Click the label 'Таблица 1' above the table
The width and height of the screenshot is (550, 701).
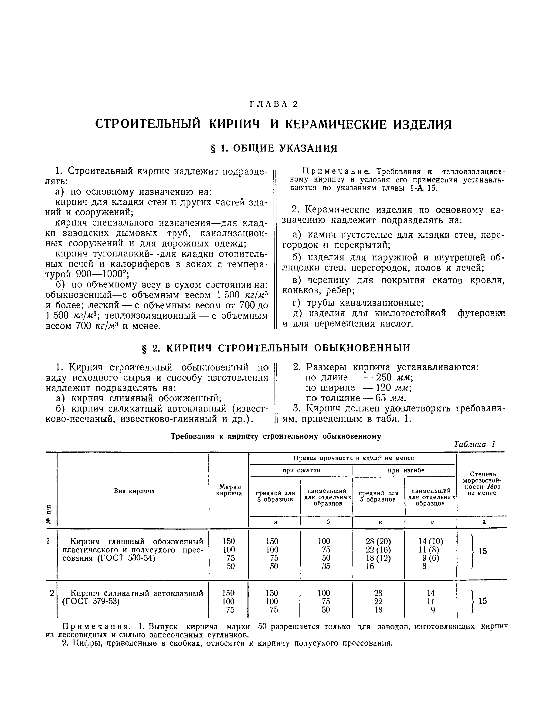474,444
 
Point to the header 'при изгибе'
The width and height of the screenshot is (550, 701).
406,470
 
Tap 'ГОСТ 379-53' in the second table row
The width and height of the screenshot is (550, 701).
91,601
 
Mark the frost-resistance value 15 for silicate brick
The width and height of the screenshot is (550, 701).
482,601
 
